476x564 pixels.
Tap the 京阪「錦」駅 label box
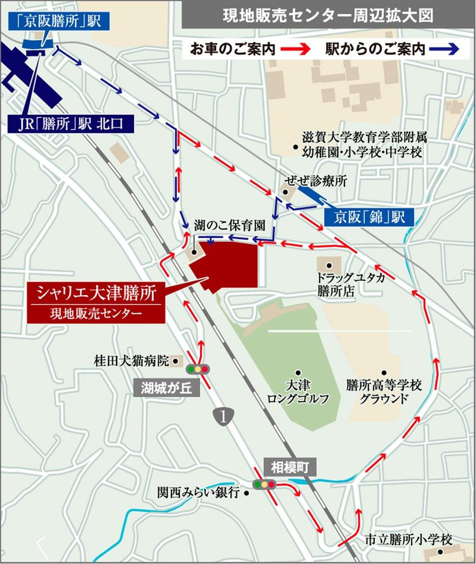click(x=369, y=218)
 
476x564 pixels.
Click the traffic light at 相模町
click(x=264, y=485)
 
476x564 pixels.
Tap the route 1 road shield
click(x=224, y=416)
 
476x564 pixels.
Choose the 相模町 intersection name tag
click(x=290, y=467)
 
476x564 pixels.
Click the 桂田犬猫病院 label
click(x=132, y=360)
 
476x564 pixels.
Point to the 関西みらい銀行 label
click(x=198, y=493)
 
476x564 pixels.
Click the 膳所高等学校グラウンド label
click(x=384, y=392)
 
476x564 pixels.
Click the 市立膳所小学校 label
click(x=408, y=540)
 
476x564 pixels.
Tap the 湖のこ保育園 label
click(x=229, y=226)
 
